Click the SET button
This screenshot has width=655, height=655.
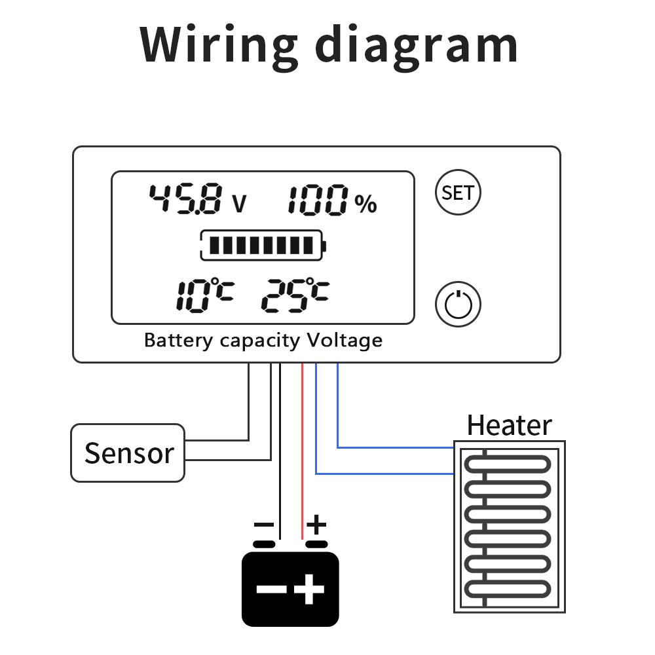[458, 193]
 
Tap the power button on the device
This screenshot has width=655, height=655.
[458, 304]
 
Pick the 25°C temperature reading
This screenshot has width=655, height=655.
[294, 295]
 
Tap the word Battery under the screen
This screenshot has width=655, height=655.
[178, 341]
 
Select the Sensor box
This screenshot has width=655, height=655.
[128, 453]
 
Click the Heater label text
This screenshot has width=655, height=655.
[509, 426]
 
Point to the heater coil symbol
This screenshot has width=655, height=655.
[509, 527]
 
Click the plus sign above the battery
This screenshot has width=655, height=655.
[317, 524]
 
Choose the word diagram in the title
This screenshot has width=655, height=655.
[417, 45]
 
